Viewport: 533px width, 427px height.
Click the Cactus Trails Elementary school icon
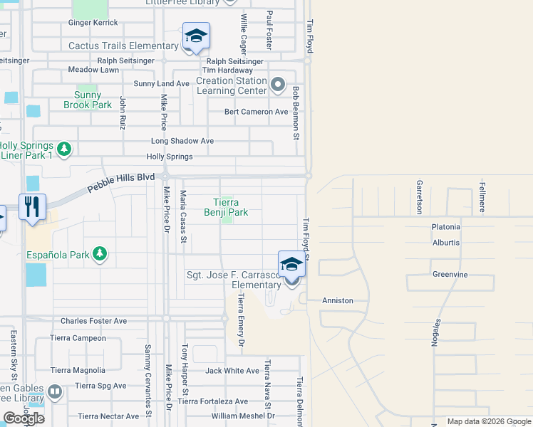coord(196,36)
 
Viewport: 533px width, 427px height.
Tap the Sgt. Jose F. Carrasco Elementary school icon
coord(291,265)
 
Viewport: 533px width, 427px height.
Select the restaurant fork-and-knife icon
coord(32,207)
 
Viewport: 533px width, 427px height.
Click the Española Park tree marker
coord(100,254)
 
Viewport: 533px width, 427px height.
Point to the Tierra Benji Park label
coord(226,207)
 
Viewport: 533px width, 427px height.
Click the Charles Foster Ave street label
coord(93,321)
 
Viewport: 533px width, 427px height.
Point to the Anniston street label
coord(338,300)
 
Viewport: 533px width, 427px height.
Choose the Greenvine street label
coord(450,274)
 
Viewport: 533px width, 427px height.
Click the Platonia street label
coord(446,227)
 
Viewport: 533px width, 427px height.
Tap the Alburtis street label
coord(446,243)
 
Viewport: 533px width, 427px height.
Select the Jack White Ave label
coord(232,371)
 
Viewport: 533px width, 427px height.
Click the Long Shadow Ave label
coord(182,141)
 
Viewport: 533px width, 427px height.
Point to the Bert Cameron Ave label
coord(257,112)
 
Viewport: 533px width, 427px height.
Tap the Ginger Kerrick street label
coord(93,23)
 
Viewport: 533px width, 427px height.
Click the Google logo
coord(24,418)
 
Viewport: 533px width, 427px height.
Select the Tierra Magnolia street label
coord(78,370)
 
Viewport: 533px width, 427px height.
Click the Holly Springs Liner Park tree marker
coord(65,149)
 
